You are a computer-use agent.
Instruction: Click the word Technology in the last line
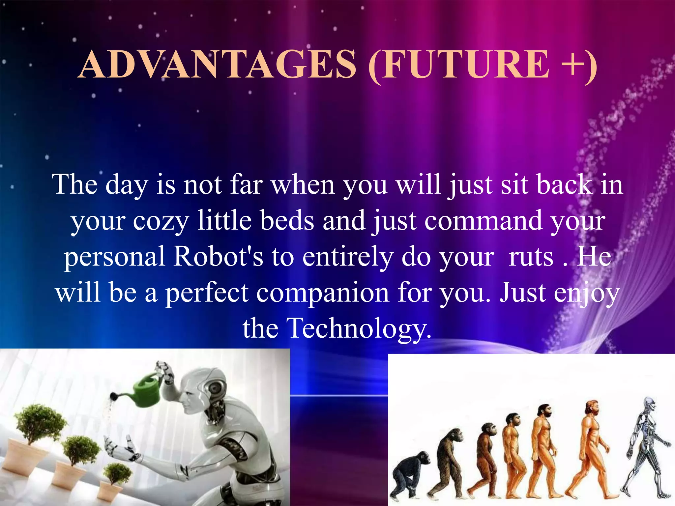(359, 328)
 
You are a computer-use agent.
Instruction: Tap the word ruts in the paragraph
(531, 257)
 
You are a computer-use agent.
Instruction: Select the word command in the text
(483, 221)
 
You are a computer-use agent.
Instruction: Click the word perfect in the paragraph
(207, 293)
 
